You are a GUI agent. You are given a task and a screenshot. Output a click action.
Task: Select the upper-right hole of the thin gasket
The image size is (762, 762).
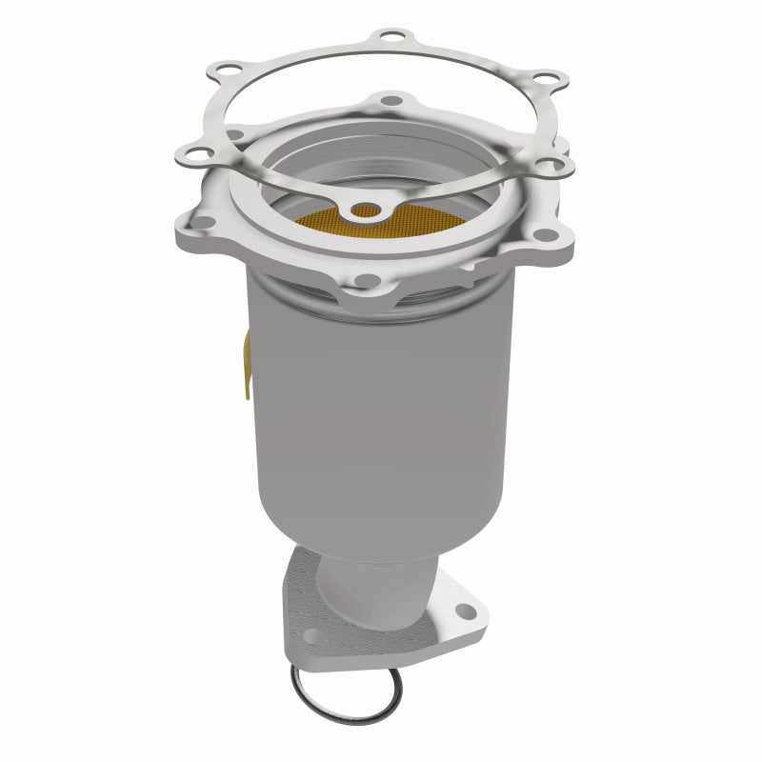click(x=544, y=77)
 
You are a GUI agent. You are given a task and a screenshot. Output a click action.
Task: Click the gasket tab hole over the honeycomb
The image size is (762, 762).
click(x=363, y=209)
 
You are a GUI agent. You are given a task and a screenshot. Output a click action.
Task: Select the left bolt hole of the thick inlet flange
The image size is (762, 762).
click(x=202, y=222)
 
